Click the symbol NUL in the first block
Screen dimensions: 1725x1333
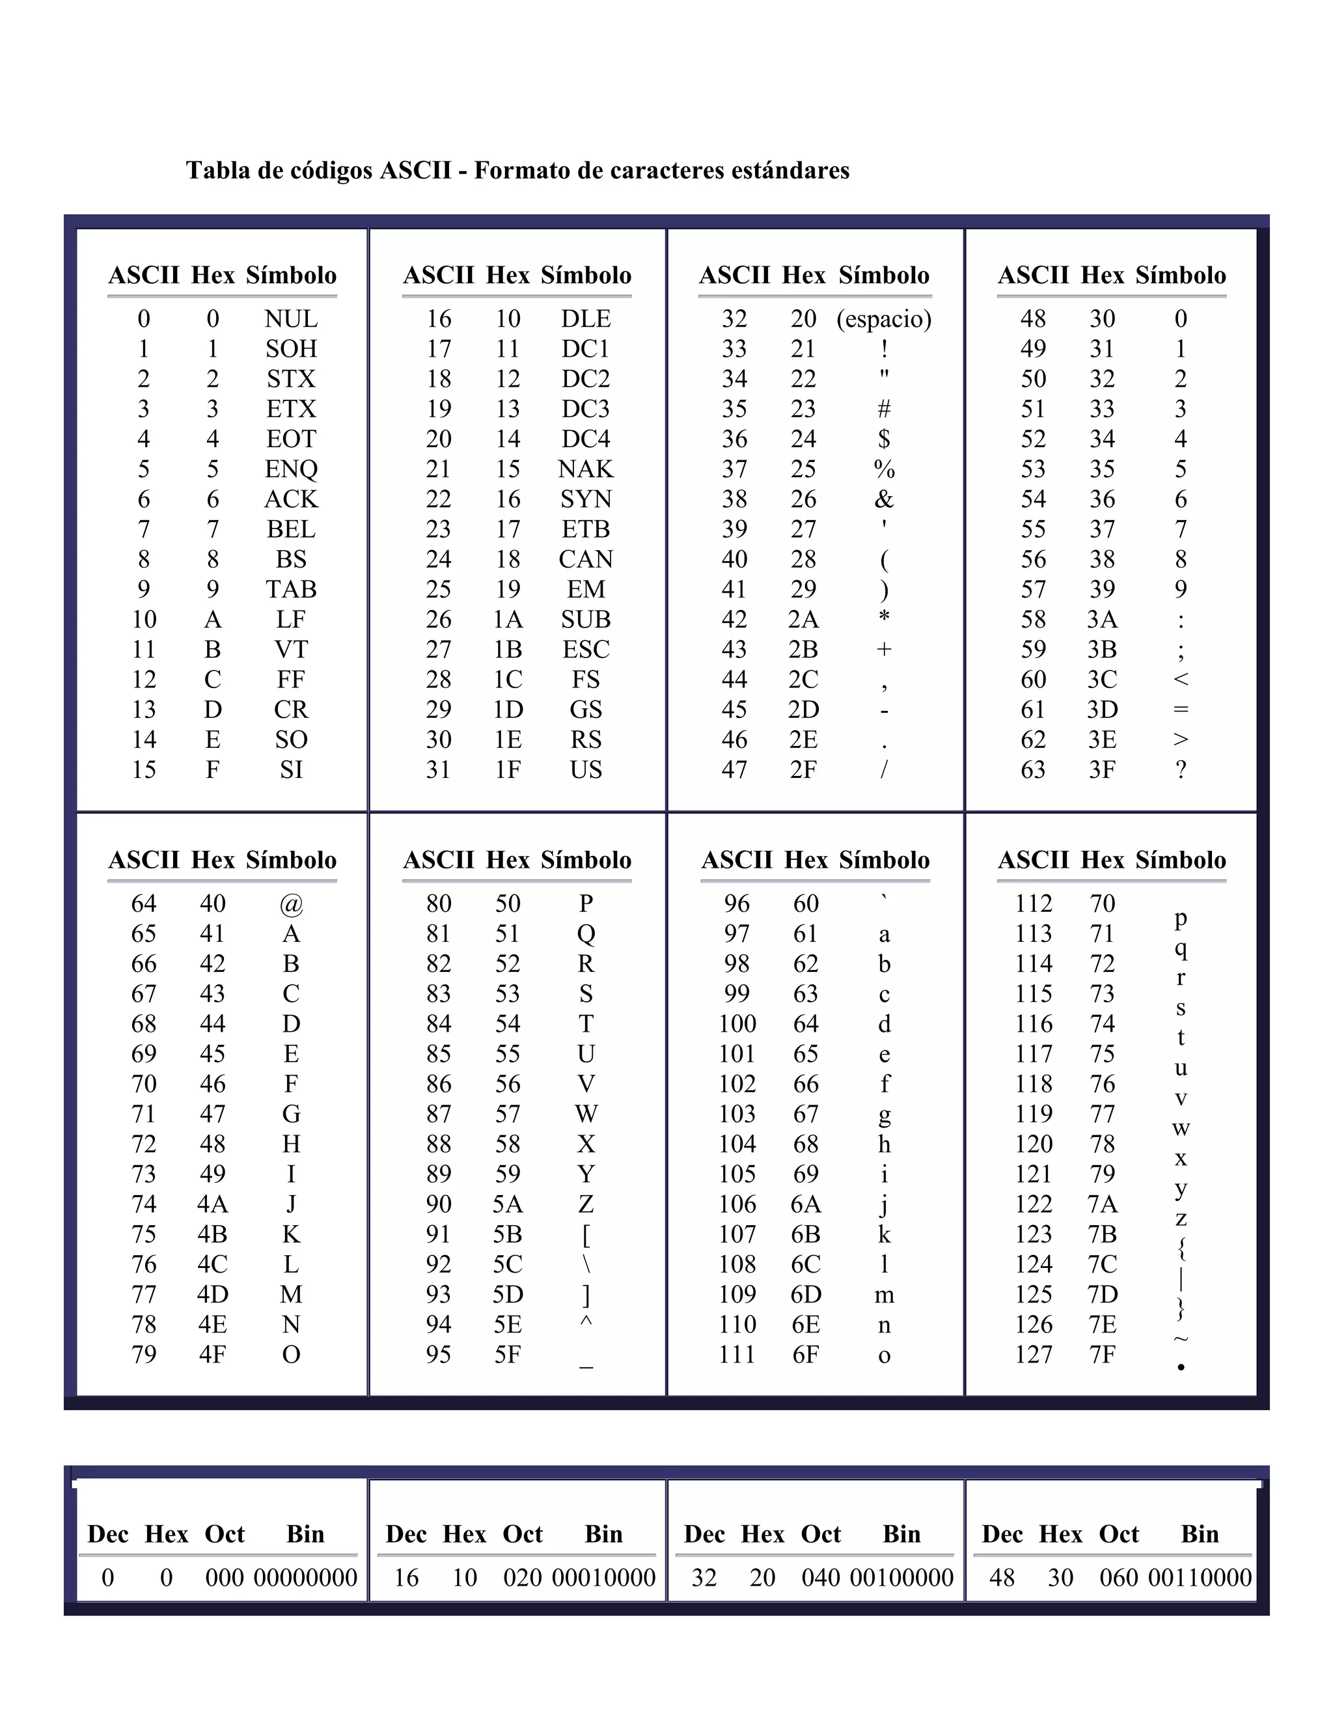[x=290, y=319]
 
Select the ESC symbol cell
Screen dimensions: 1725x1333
[x=586, y=649]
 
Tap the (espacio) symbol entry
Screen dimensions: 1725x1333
[x=884, y=319]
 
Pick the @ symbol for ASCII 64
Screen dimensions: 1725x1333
[x=290, y=904]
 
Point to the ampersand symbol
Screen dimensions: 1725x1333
[x=884, y=499]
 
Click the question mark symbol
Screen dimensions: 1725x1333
[x=1181, y=769]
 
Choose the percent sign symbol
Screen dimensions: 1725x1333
[x=884, y=469]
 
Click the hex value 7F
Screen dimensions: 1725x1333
[x=1103, y=1355]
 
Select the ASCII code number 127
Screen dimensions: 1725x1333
[x=1034, y=1355]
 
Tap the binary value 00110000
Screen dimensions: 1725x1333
[x=1200, y=1578]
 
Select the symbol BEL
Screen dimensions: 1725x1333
[x=290, y=529]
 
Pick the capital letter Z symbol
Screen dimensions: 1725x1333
[x=586, y=1204]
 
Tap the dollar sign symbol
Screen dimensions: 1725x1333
[x=884, y=439]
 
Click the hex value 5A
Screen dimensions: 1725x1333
[x=508, y=1204]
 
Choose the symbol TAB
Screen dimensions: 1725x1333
[x=290, y=589]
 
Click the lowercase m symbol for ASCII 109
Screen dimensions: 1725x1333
[x=884, y=1295]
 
